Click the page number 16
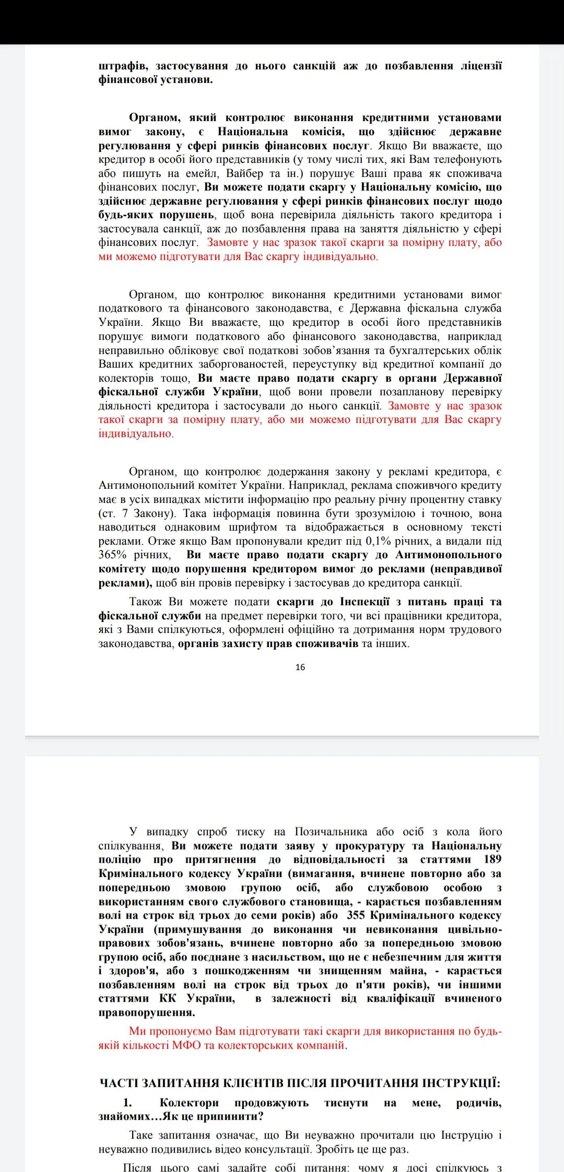click(300, 667)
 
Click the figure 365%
click(112, 555)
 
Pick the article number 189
click(492, 859)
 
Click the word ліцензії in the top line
click(480, 66)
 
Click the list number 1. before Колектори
click(127, 1103)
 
